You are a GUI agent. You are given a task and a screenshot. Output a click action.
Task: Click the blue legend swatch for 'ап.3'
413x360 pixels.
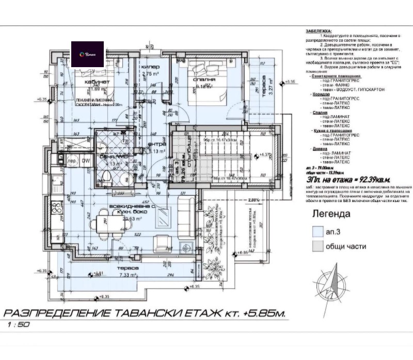click(x=316, y=232)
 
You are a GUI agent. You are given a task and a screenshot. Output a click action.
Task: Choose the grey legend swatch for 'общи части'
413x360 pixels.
click(x=316, y=246)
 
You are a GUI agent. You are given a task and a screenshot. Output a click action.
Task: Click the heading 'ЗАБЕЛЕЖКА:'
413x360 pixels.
click(x=320, y=30)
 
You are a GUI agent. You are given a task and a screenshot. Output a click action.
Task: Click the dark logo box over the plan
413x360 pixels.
click(x=87, y=54)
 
